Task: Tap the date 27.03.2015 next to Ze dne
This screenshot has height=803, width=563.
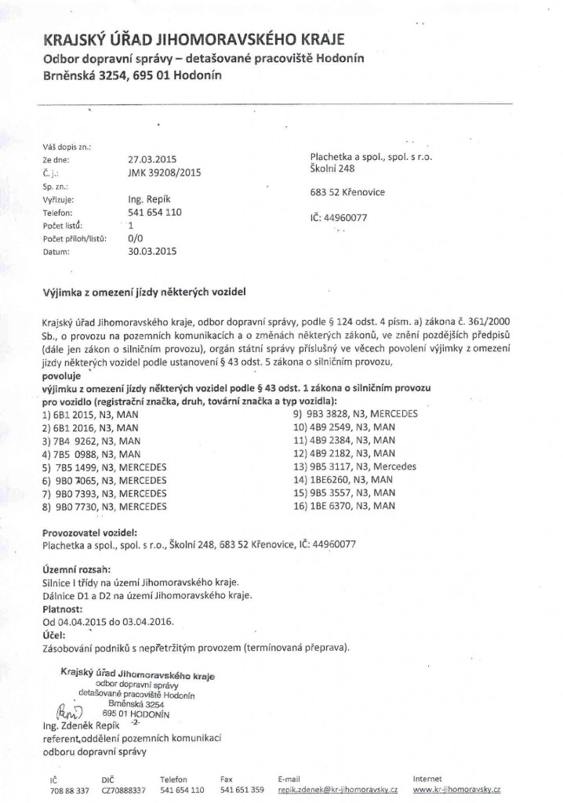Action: [149, 158]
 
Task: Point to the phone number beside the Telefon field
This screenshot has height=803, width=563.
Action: [154, 212]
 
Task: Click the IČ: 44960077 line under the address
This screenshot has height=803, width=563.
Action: [339, 217]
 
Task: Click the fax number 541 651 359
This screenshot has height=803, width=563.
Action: [237, 790]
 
